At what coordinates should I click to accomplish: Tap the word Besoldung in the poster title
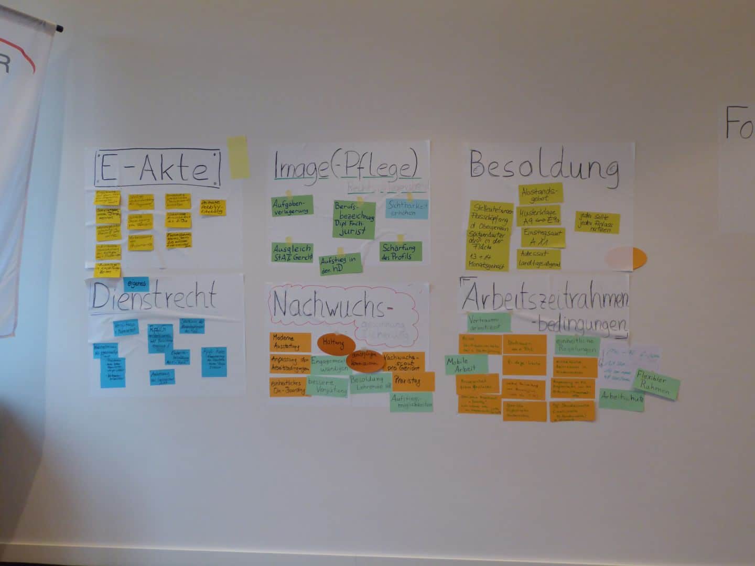click(x=544, y=167)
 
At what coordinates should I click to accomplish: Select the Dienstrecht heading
click(x=154, y=297)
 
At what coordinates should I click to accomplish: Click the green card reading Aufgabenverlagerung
click(x=292, y=205)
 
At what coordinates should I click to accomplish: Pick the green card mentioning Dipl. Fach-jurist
click(x=354, y=220)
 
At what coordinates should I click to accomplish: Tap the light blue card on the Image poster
click(x=407, y=208)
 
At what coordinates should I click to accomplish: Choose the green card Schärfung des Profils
click(x=401, y=252)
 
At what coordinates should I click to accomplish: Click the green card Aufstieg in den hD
click(x=341, y=263)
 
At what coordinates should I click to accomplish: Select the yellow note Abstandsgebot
click(x=541, y=193)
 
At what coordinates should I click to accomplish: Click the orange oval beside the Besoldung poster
click(x=627, y=258)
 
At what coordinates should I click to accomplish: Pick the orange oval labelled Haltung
click(x=333, y=343)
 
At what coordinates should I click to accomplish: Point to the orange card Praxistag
click(x=413, y=381)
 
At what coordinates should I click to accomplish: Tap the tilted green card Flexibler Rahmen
click(x=656, y=384)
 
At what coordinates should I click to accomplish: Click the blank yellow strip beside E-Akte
click(x=238, y=157)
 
